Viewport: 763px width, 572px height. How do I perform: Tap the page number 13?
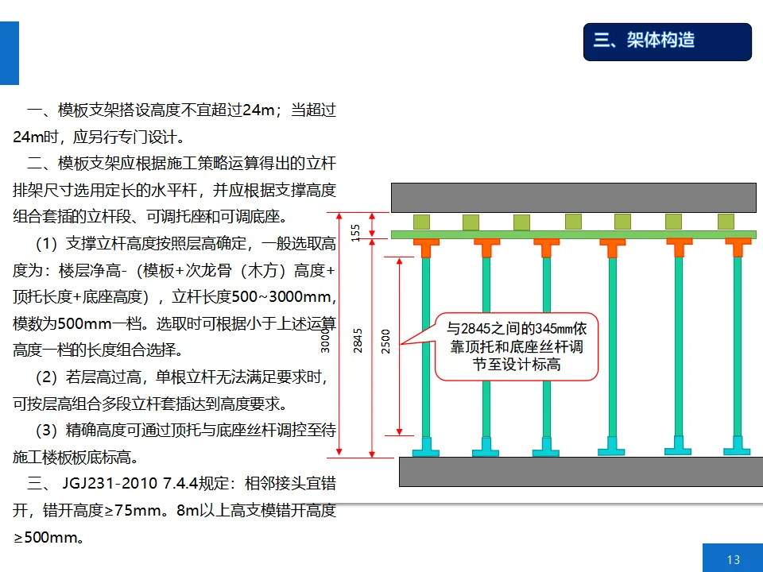(733, 559)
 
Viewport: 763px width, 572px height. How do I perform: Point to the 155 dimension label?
(356, 232)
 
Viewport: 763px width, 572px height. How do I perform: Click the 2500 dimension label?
(386, 342)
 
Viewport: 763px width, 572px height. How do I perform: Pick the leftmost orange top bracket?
(426, 248)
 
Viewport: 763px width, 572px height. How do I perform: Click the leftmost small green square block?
(421, 222)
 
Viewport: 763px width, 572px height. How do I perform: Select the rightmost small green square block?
(726, 222)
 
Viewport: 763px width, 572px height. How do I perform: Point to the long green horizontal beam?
(572, 235)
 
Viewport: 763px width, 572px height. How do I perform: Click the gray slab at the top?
(572, 197)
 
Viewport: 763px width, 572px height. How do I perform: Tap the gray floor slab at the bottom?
(580, 471)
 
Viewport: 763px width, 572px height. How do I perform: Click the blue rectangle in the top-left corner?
(9, 52)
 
